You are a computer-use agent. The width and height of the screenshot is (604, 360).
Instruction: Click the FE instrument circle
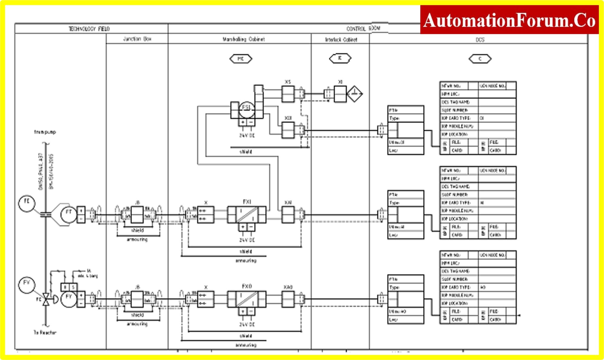coord(27,203)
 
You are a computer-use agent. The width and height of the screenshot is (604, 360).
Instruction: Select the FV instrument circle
coord(27,285)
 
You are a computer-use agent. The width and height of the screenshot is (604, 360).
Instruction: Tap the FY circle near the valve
coord(68,299)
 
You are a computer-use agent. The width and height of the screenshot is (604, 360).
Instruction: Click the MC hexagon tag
coord(241,59)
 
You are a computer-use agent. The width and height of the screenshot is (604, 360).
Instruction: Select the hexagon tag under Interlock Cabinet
coord(340,58)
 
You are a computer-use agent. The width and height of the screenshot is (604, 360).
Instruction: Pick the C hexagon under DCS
coord(480,59)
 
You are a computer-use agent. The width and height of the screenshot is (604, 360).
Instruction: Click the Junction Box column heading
coord(137,39)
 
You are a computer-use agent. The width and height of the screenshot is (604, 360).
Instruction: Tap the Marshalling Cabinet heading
coord(244,39)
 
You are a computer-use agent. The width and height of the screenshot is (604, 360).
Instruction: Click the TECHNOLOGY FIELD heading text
coord(89,29)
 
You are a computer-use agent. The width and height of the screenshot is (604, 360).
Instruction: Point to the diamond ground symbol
coord(354,94)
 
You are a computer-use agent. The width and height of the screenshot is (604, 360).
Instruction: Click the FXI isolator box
coord(247,214)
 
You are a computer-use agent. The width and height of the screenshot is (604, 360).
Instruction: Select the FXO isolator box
coord(247,299)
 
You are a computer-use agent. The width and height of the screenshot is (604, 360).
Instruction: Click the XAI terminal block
coord(288,214)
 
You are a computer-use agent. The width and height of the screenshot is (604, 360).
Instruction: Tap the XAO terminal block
coord(288,299)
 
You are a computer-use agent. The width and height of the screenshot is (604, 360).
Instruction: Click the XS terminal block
coord(288,94)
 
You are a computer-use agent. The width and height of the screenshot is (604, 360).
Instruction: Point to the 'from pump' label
coord(45,132)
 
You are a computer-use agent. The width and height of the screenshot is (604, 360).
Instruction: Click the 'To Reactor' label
coord(45,333)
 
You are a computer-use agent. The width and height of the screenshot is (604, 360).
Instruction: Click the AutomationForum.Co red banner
coord(509,20)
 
